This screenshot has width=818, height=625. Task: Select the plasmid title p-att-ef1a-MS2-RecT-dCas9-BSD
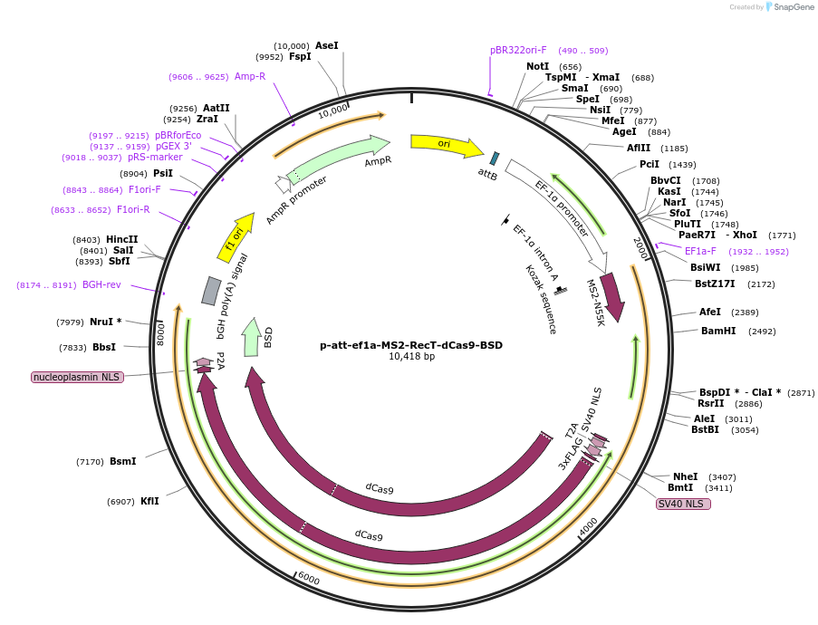click(411, 345)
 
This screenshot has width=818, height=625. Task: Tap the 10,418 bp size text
click(411, 357)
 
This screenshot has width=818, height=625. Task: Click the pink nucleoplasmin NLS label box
click(77, 377)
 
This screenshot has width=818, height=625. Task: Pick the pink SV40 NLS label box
click(683, 504)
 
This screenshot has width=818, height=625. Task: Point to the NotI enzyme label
click(537, 66)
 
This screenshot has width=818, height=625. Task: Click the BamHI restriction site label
click(719, 331)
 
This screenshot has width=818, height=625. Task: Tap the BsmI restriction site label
click(122, 461)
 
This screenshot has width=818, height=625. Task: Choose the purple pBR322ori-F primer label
click(518, 51)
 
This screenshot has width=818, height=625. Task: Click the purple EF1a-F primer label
click(700, 251)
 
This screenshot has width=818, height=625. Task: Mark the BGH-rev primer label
click(101, 284)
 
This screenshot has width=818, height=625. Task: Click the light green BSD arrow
click(252, 338)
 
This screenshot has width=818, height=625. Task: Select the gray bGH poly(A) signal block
click(210, 290)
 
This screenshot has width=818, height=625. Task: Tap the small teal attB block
click(494, 159)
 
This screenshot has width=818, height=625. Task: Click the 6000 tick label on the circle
click(308, 578)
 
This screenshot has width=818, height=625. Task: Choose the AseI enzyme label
click(326, 45)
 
